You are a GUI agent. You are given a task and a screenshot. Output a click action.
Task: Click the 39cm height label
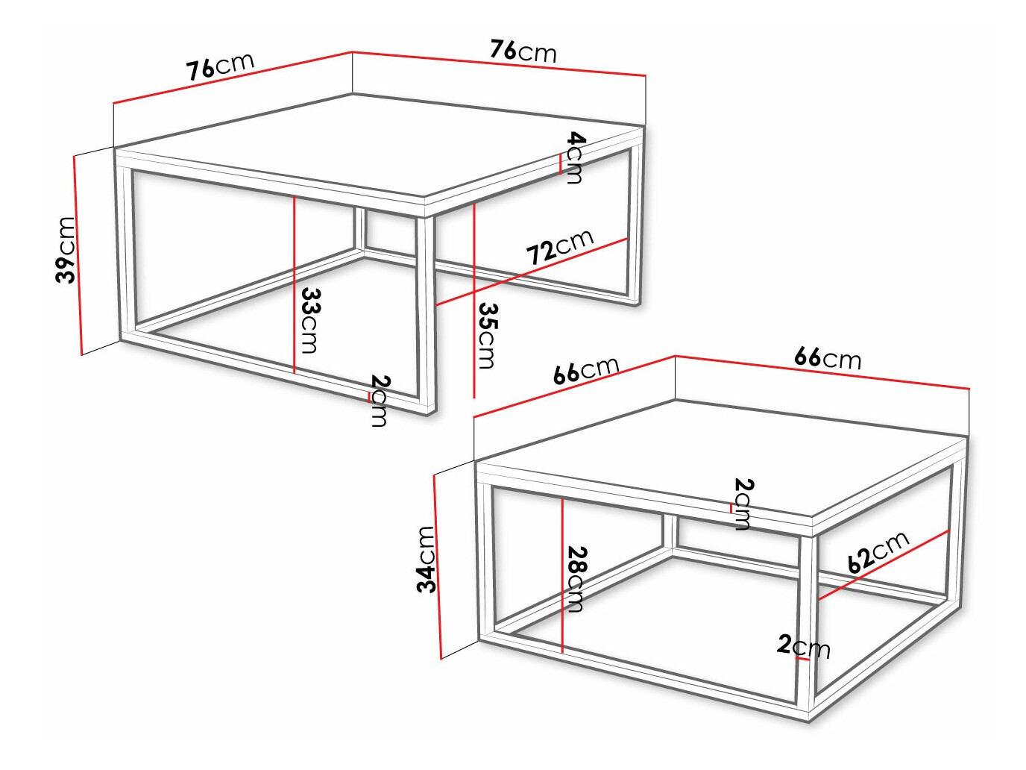pyautogui.click(x=66, y=250)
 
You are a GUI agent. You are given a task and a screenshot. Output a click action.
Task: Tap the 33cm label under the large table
pyautogui.click(x=309, y=321)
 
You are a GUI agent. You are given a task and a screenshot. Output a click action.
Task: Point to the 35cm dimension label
pyautogui.click(x=487, y=335)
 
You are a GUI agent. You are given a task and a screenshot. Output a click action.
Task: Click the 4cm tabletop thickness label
pyautogui.click(x=576, y=157)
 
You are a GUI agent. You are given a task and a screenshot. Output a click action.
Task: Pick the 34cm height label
pyautogui.click(x=426, y=559)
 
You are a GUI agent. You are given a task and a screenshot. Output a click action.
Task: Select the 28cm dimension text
pyautogui.click(x=577, y=579)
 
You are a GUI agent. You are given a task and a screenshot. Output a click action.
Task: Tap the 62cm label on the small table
pyautogui.click(x=878, y=551)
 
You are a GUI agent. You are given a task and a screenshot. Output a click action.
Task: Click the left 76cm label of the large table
pyautogui.click(x=220, y=66)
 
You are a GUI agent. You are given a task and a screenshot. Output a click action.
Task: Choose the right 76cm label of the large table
pyautogui.click(x=523, y=51)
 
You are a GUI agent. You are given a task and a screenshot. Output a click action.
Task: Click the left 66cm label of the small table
pyautogui.click(x=586, y=369)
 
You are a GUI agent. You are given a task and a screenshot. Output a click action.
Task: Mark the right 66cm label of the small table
pyautogui.click(x=828, y=357)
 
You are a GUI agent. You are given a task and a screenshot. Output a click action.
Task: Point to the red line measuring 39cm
pyautogui.click(x=78, y=254)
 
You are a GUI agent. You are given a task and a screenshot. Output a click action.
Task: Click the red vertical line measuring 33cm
pyautogui.click(x=295, y=284)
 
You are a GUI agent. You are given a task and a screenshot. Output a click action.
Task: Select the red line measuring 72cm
pyautogui.click(x=531, y=272)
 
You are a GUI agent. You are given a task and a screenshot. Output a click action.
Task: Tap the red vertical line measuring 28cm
pyautogui.click(x=562, y=575)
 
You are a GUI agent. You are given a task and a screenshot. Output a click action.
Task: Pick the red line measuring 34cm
pyautogui.click(x=437, y=567)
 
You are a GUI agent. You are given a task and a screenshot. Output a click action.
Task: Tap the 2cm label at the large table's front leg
pyautogui.click(x=380, y=401)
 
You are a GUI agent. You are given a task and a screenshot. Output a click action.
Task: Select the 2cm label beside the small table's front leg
pyautogui.click(x=804, y=646)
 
